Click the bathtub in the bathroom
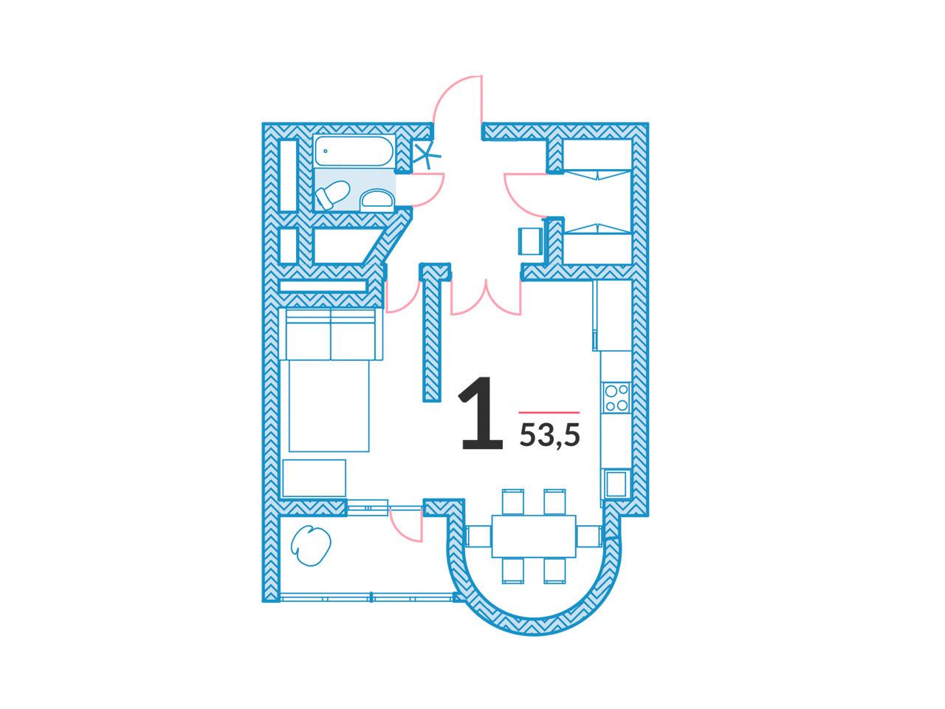354,151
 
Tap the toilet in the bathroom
332,195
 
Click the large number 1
481,414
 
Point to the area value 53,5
550,436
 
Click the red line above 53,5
549,412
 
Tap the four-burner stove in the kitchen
616,397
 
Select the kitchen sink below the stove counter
616,484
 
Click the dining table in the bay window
534,536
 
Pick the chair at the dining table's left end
478,536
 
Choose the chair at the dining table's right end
588,536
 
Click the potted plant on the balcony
311,546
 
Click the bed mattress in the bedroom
329,405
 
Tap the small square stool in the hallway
531,241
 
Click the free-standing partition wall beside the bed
432,332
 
